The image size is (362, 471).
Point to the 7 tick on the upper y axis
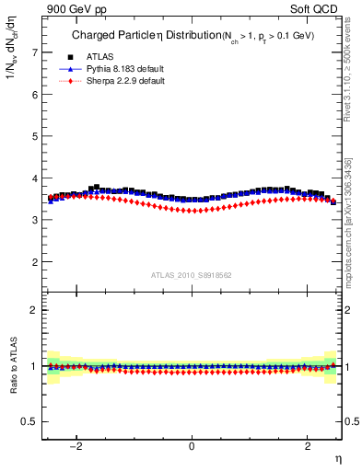click(36, 52)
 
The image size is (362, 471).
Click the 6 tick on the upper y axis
click(36, 94)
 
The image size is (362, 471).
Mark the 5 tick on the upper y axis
click(36, 136)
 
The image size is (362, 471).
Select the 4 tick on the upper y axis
click(36, 178)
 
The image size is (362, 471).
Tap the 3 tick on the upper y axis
click(36, 220)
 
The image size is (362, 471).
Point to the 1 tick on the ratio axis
click(36, 366)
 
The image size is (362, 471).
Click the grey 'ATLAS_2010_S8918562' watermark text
click(192, 274)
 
